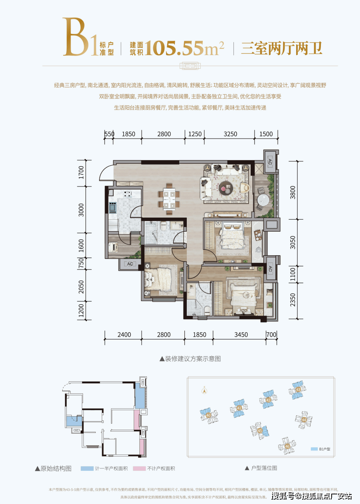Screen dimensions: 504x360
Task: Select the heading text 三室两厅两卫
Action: click(281, 48)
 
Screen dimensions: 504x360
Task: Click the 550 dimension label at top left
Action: click(109, 134)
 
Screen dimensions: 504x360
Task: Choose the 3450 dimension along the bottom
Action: click(238, 335)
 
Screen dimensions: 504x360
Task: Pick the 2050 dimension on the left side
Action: click(81, 286)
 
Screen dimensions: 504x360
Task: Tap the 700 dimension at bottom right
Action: click(271, 335)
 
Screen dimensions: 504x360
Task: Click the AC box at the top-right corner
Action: click(269, 162)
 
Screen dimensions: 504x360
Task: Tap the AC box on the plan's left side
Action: click(130, 264)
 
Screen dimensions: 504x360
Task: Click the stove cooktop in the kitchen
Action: click(128, 194)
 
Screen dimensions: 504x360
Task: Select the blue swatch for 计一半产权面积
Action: click(87, 468)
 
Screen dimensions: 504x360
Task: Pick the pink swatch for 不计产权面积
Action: click(139, 468)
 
